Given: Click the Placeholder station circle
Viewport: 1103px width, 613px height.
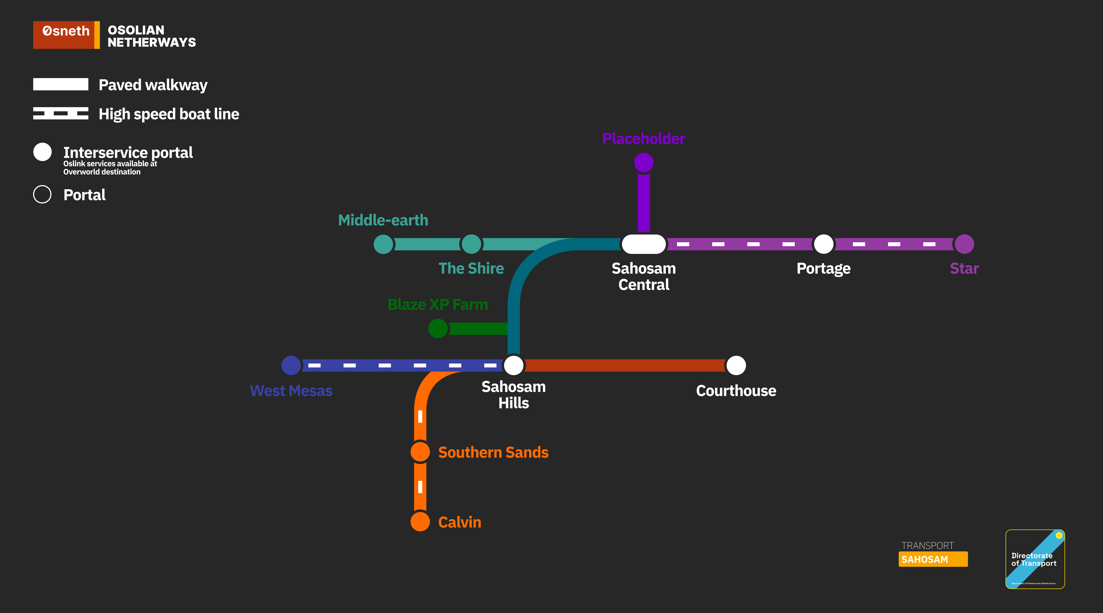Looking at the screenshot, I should (644, 162).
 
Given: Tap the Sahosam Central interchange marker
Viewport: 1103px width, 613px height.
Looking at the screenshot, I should (644, 244).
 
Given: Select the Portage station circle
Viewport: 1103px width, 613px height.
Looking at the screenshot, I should (823, 244).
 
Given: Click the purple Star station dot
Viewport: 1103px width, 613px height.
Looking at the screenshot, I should (964, 244).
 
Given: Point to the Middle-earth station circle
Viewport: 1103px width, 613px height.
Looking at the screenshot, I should (383, 244).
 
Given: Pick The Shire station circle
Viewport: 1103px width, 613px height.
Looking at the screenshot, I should (471, 244).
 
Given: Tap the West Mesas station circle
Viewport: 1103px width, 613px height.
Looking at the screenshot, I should (291, 365).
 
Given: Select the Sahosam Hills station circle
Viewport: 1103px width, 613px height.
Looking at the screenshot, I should (513, 365).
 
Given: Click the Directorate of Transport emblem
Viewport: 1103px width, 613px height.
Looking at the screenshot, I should (1035, 559).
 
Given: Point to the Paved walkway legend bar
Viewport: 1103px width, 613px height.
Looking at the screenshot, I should (61, 84).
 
